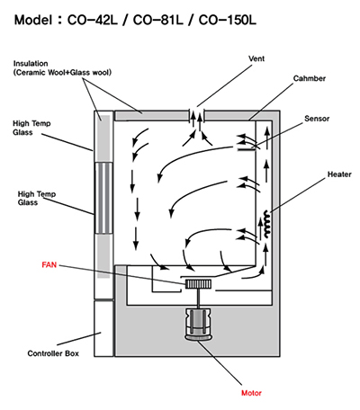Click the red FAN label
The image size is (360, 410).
coord(49,265)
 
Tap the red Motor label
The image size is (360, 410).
coord(251,393)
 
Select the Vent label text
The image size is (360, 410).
coord(256,58)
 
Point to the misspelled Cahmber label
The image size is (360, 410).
coord(310,78)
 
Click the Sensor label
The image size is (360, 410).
coord(317,119)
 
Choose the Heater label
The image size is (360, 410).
coord(339,174)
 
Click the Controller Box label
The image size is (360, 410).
coord(53,353)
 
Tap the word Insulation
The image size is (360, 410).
coord(31,64)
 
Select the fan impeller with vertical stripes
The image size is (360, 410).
coord(198,284)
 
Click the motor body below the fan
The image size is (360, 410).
coord(198,325)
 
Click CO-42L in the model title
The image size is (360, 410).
coord(93,20)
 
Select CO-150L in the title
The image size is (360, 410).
coord(227,20)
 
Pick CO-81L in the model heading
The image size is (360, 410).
coord(157,20)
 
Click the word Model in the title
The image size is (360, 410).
coord(33,20)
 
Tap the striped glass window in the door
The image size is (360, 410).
coord(103,198)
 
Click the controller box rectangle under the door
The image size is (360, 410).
coord(103,328)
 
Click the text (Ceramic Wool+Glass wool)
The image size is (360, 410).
coord(62,73)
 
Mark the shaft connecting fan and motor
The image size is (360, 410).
coord(198,299)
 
